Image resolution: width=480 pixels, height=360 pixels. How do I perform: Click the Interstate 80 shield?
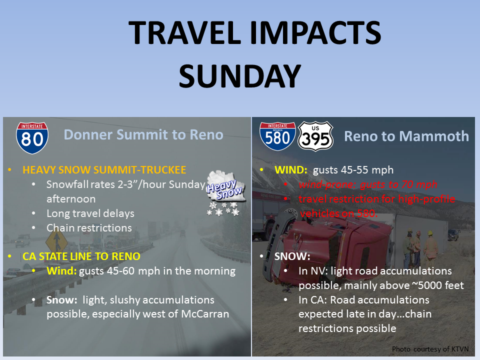coord(32,138)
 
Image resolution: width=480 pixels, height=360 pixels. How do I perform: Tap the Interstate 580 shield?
coord(277,136)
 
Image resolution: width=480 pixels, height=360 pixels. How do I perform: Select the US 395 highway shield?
coord(315,136)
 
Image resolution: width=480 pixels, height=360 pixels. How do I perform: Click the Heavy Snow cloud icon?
coord(226,193)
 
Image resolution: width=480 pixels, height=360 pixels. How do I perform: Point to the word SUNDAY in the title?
coord(240,76)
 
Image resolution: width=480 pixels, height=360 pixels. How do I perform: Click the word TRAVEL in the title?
coord(185,32)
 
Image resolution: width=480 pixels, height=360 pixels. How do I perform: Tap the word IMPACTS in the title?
coord(315,32)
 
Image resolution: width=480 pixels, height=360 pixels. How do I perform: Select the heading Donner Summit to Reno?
coord(143,134)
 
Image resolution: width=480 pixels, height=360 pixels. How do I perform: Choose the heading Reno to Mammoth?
coord(406,136)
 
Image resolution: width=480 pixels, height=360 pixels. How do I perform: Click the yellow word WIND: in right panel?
coord(291,170)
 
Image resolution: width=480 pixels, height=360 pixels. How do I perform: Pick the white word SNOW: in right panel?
coord(292,256)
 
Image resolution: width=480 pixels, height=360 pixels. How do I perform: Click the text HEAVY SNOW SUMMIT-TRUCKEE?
coord(104,170)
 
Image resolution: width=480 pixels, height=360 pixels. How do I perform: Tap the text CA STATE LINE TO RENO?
coord(81,256)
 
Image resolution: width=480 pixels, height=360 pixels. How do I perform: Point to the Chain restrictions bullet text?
coord(89,228)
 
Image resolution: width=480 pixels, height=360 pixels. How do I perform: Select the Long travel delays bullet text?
coord(90,213)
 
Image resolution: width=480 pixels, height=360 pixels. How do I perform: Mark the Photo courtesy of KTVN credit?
coord(430,349)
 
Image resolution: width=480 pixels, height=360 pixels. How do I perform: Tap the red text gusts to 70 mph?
coord(398,184)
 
